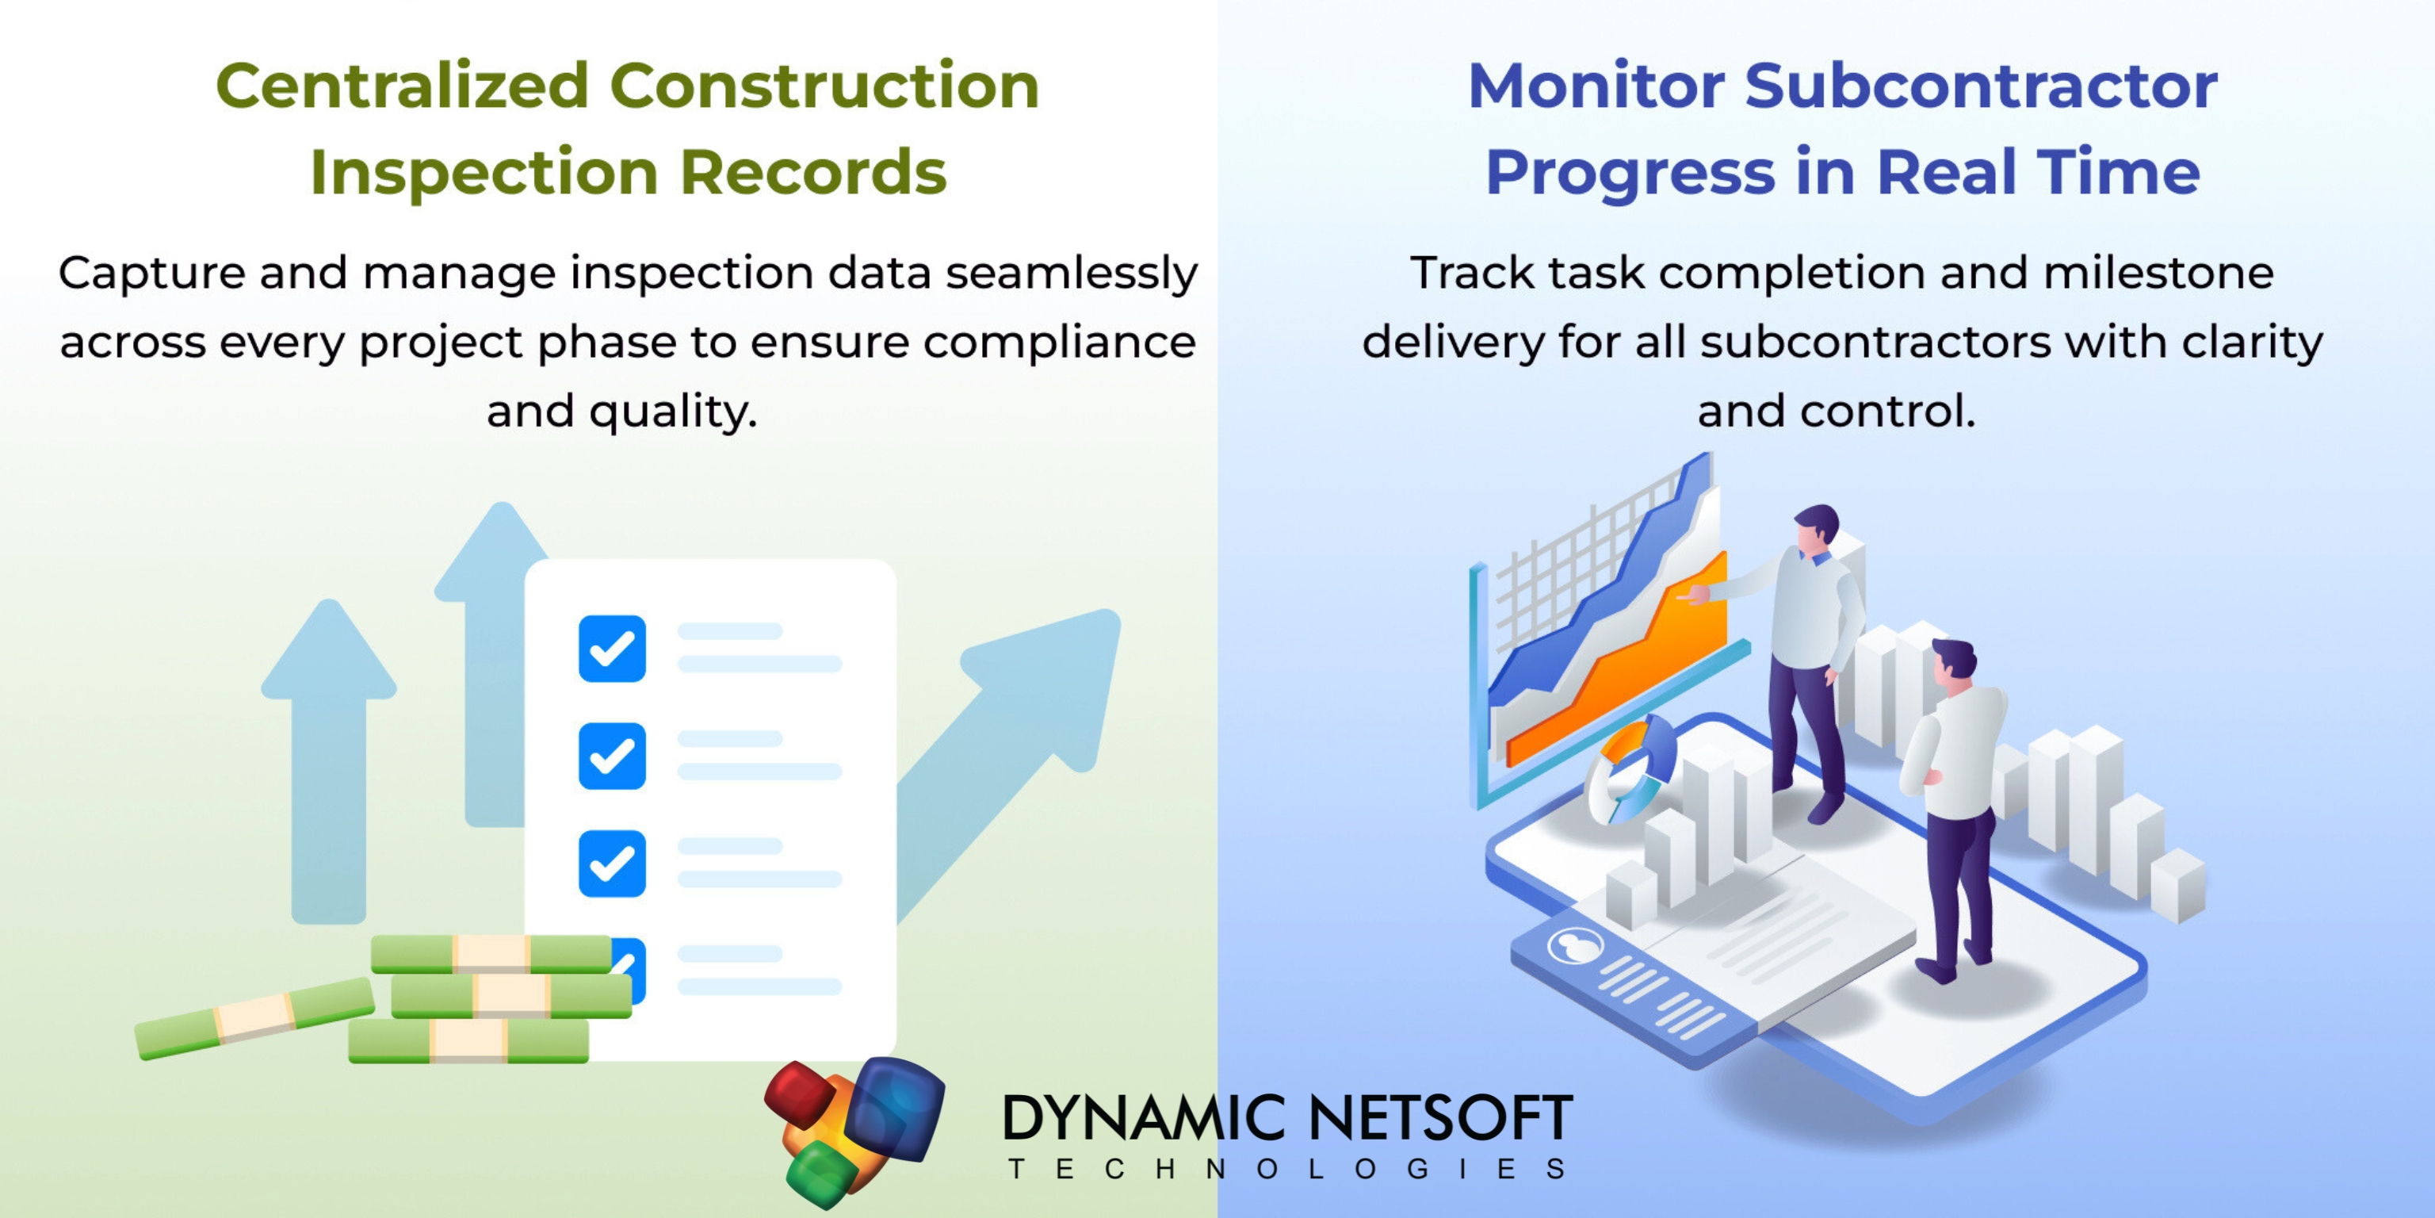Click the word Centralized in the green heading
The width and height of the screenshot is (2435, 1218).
coord(403,86)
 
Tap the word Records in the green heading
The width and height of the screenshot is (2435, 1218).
coord(813,172)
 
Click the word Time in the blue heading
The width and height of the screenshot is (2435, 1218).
coord(2118,172)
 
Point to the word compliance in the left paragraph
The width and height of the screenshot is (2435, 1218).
coord(1059,342)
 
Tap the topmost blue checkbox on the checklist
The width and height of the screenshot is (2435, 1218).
coord(612,649)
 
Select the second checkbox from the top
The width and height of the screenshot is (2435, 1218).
coord(612,756)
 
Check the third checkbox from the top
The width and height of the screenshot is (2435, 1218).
coord(612,864)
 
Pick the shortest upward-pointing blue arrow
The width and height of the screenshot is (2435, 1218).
coord(329,756)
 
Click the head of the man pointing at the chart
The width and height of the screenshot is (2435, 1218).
coord(1815,530)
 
